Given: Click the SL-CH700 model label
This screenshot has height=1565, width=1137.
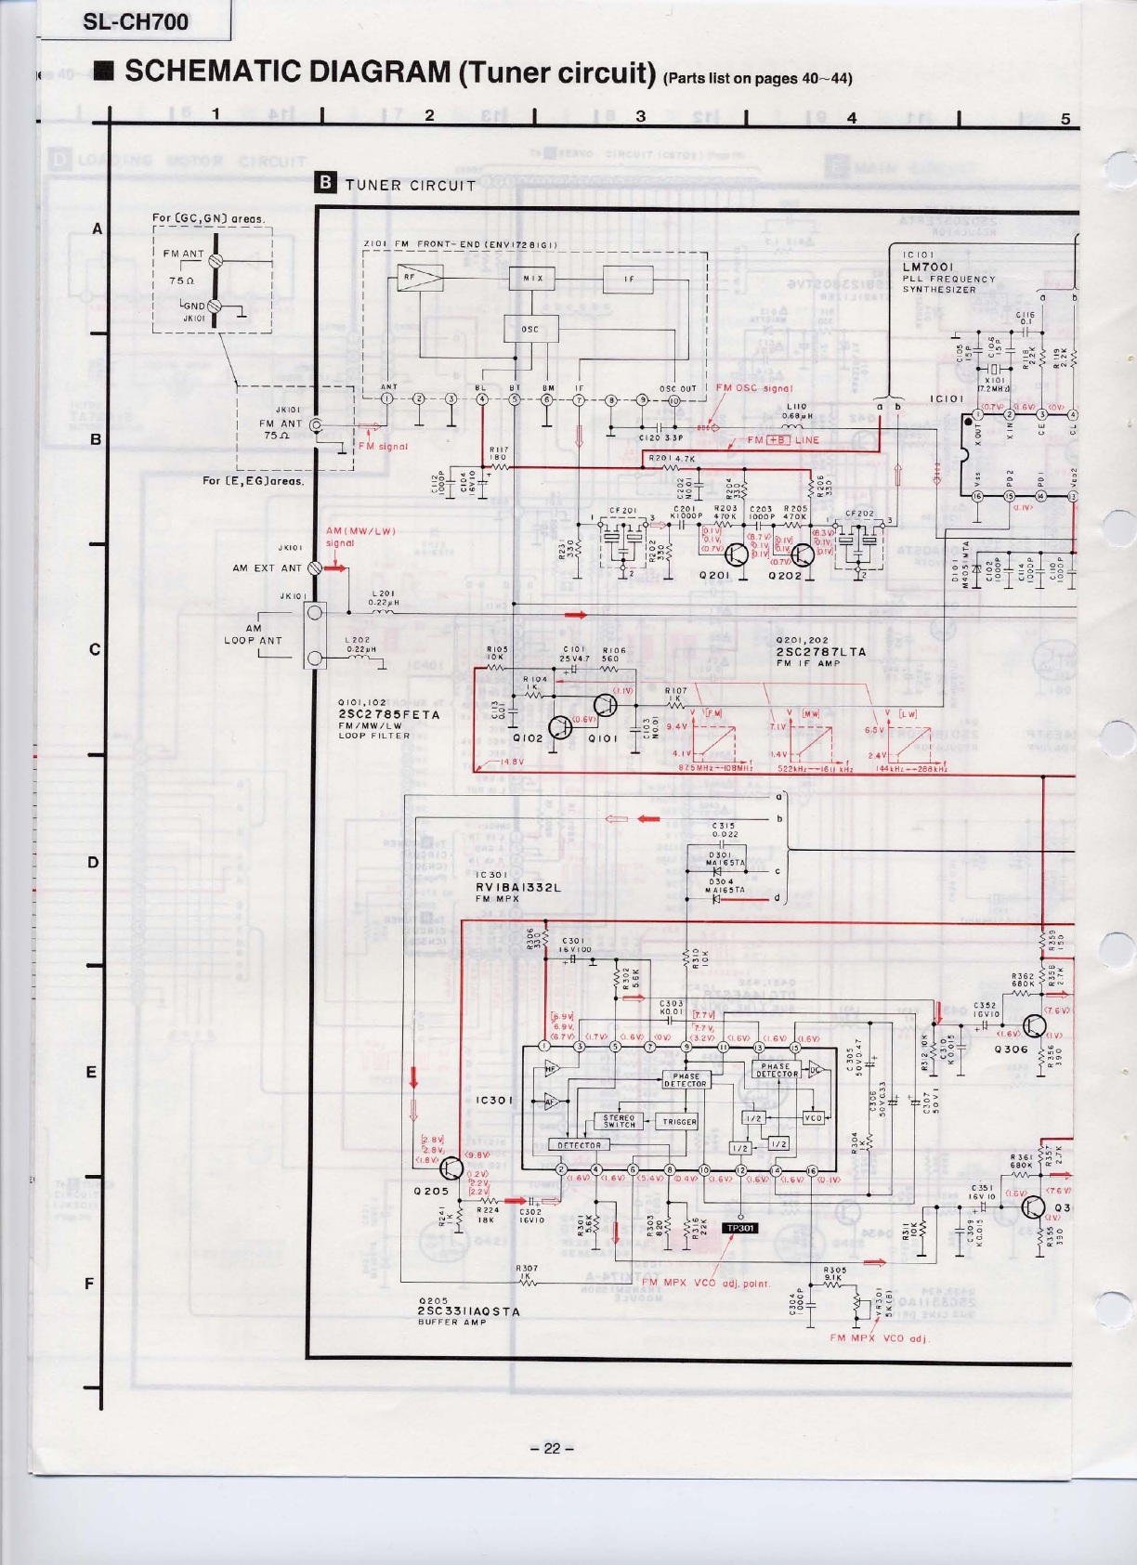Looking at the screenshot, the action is click(136, 22).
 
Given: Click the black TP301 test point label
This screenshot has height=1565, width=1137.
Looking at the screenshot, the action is click(740, 1228).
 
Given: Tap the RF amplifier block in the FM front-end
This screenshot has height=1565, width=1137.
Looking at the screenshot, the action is click(419, 278).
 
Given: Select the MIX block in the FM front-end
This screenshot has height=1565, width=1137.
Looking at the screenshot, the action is click(532, 278).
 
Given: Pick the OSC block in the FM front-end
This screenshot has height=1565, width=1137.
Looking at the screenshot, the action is click(529, 329).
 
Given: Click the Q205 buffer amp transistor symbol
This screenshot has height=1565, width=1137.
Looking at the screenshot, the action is click(452, 1168).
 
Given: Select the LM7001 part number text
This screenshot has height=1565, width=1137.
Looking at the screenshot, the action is click(928, 267).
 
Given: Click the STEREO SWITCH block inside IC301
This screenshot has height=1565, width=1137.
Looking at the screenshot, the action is click(620, 1122).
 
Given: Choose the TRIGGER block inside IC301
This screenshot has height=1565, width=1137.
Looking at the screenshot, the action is click(679, 1122).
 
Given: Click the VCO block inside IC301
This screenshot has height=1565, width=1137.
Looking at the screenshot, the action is click(813, 1118).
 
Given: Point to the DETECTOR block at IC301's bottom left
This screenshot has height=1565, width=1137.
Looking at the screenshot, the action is click(580, 1145).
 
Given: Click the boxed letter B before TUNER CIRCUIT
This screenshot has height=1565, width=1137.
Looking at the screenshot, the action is click(326, 183).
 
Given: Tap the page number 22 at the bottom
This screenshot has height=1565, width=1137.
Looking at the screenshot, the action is click(553, 1448).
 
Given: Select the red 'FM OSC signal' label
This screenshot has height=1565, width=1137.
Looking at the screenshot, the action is click(754, 388).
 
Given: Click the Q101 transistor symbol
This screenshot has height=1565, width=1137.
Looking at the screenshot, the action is click(605, 705).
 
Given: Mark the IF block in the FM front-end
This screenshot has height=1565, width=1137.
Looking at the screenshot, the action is click(628, 278).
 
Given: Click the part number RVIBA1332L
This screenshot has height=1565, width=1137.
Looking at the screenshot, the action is click(518, 887).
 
